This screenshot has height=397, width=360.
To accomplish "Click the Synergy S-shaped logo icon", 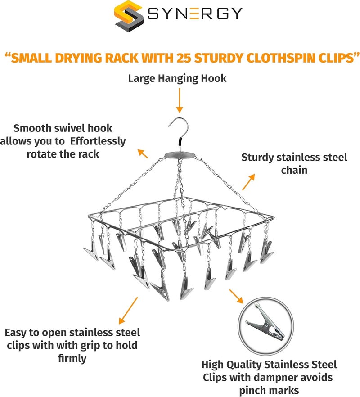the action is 129,16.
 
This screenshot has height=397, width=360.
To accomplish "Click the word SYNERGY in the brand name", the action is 195,14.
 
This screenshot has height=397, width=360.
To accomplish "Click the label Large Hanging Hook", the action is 177,78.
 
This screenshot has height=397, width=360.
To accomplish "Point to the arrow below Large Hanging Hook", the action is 180,100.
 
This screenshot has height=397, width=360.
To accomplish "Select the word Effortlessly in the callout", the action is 98,141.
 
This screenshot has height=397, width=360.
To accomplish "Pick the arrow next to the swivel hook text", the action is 143,153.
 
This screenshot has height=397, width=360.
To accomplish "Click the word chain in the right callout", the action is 294,170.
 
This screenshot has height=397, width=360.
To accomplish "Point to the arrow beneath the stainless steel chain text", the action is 248,182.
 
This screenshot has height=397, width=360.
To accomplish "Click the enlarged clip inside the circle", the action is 265,323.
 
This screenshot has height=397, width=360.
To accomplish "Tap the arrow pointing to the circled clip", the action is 236,296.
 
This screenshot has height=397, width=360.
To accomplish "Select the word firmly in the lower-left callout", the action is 72,358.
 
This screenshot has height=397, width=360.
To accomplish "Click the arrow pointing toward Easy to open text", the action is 128,311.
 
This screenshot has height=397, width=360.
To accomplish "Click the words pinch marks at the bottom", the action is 269,390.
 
